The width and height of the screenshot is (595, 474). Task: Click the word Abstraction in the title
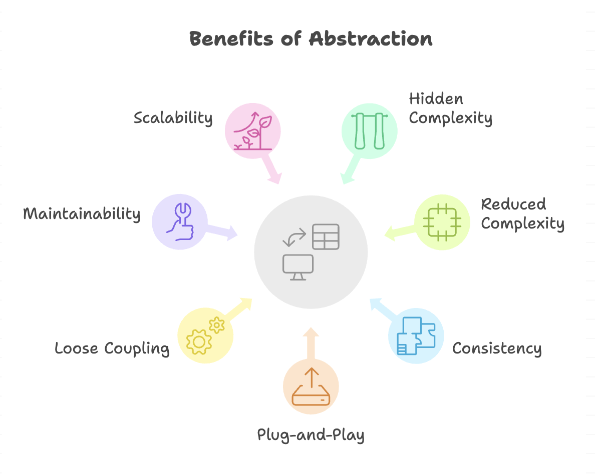(x=371, y=38)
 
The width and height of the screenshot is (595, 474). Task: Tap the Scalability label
(x=173, y=118)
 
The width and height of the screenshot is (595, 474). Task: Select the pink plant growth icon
(x=253, y=130)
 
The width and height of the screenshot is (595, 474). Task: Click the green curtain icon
(x=370, y=131)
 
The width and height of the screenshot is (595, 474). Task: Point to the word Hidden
(x=436, y=99)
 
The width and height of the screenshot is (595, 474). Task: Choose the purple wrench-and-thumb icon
(x=180, y=221)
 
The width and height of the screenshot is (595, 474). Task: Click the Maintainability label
(x=82, y=213)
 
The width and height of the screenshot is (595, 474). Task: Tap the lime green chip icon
(x=442, y=222)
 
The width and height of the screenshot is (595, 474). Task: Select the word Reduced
(x=513, y=204)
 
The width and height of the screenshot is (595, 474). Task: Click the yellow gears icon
(x=205, y=335)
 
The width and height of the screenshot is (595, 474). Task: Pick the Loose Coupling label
(x=112, y=348)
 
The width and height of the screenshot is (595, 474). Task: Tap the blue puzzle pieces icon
(x=416, y=335)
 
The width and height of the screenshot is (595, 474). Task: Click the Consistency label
(x=497, y=348)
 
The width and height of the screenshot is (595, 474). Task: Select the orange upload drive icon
(x=311, y=386)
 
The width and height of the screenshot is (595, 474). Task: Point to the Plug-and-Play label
(x=311, y=435)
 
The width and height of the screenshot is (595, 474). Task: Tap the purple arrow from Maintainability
(x=221, y=230)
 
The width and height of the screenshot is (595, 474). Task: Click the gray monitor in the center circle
(x=298, y=267)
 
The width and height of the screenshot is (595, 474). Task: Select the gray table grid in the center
(x=326, y=237)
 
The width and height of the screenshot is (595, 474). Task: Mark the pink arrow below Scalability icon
(x=271, y=169)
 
